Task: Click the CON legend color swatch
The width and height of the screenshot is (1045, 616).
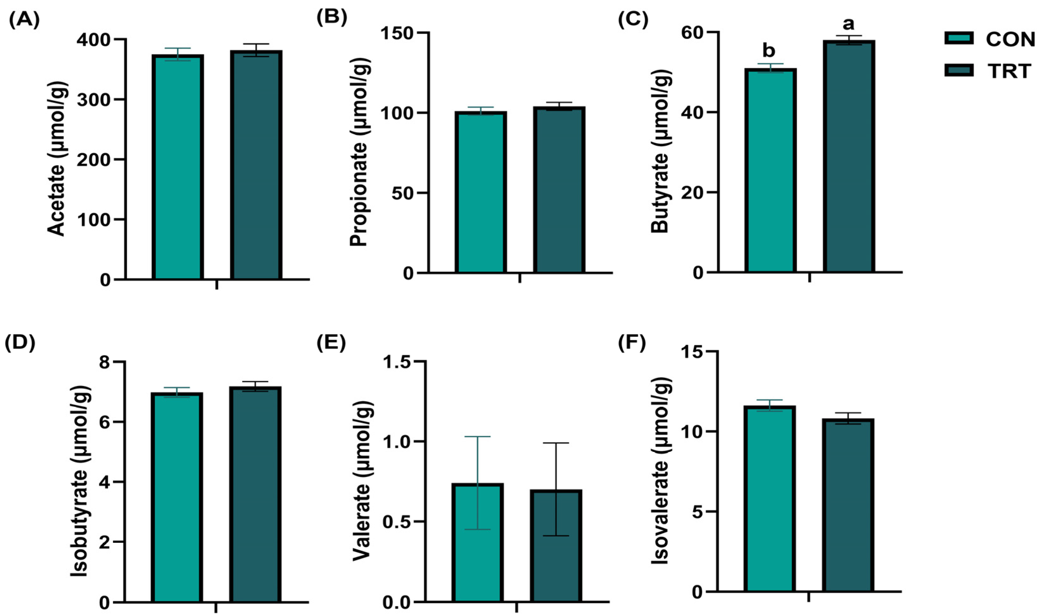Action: click(x=959, y=39)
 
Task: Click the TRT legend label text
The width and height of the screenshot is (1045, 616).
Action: click(x=1009, y=71)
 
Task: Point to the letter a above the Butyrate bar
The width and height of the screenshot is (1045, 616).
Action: click(x=849, y=24)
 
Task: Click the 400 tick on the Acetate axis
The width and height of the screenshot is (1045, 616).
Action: click(x=95, y=40)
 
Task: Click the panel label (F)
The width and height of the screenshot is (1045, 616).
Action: click(x=631, y=343)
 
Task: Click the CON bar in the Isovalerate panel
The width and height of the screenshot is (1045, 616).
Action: click(x=769, y=498)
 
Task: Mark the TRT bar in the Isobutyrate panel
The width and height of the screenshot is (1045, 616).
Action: click(x=255, y=494)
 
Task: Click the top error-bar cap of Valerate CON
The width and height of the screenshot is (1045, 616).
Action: click(x=477, y=437)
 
